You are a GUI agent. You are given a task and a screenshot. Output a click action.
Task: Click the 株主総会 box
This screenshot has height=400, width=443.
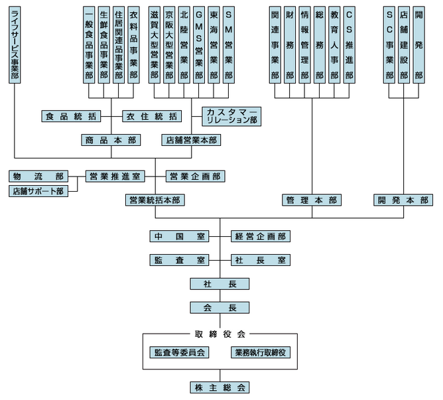pyautogui.click(x=220, y=387)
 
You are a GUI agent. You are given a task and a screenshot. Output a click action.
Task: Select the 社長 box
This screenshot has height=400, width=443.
pyautogui.click(x=220, y=284)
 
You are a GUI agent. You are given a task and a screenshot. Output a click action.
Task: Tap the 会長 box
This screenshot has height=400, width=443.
pyautogui.click(x=220, y=308)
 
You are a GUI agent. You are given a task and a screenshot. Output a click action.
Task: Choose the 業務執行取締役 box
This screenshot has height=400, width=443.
pyautogui.click(x=261, y=353)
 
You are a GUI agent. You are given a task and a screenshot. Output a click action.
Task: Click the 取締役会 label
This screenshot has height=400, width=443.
pyautogui.click(x=220, y=334)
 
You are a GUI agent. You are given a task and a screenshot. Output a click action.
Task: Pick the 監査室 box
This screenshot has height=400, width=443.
pyautogui.click(x=180, y=260)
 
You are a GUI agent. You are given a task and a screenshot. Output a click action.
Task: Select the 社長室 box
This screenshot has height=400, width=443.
pyautogui.click(x=261, y=260)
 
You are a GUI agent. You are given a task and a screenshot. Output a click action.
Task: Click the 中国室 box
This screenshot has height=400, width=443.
pyautogui.click(x=180, y=236)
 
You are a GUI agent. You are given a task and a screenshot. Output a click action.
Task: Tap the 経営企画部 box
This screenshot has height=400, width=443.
pyautogui.click(x=261, y=236)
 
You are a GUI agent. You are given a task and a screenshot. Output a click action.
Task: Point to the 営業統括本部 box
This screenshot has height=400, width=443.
pyautogui.click(x=156, y=200)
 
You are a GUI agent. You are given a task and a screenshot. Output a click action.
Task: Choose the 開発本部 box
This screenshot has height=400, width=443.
pyautogui.click(x=403, y=200)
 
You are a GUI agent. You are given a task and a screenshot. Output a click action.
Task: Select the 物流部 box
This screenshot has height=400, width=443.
pyautogui.click(x=38, y=176)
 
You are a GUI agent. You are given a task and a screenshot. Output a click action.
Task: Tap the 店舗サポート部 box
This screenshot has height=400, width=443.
pyautogui.click(x=38, y=191)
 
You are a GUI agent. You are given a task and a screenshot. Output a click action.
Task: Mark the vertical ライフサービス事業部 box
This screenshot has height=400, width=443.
pyautogui.click(x=15, y=44)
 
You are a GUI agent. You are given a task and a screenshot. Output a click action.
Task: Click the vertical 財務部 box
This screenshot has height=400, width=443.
pyautogui.click(x=290, y=44)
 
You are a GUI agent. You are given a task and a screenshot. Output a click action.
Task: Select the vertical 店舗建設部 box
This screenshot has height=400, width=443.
pyautogui.click(x=403, y=44)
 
